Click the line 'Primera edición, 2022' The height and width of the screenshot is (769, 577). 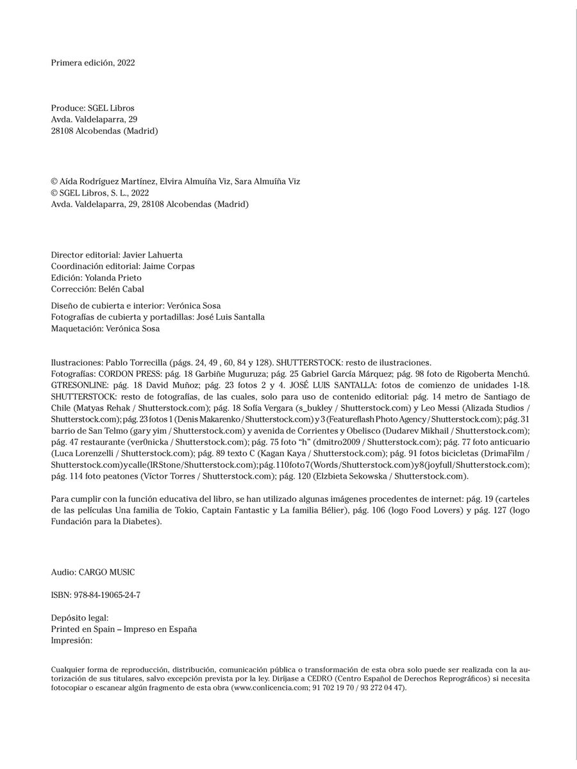92,63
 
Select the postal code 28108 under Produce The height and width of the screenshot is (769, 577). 63,131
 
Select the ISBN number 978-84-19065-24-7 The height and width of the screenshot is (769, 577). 106,595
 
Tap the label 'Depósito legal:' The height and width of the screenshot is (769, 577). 79,618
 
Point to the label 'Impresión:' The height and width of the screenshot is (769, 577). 72,640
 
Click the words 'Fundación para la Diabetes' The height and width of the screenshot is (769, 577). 105,522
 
